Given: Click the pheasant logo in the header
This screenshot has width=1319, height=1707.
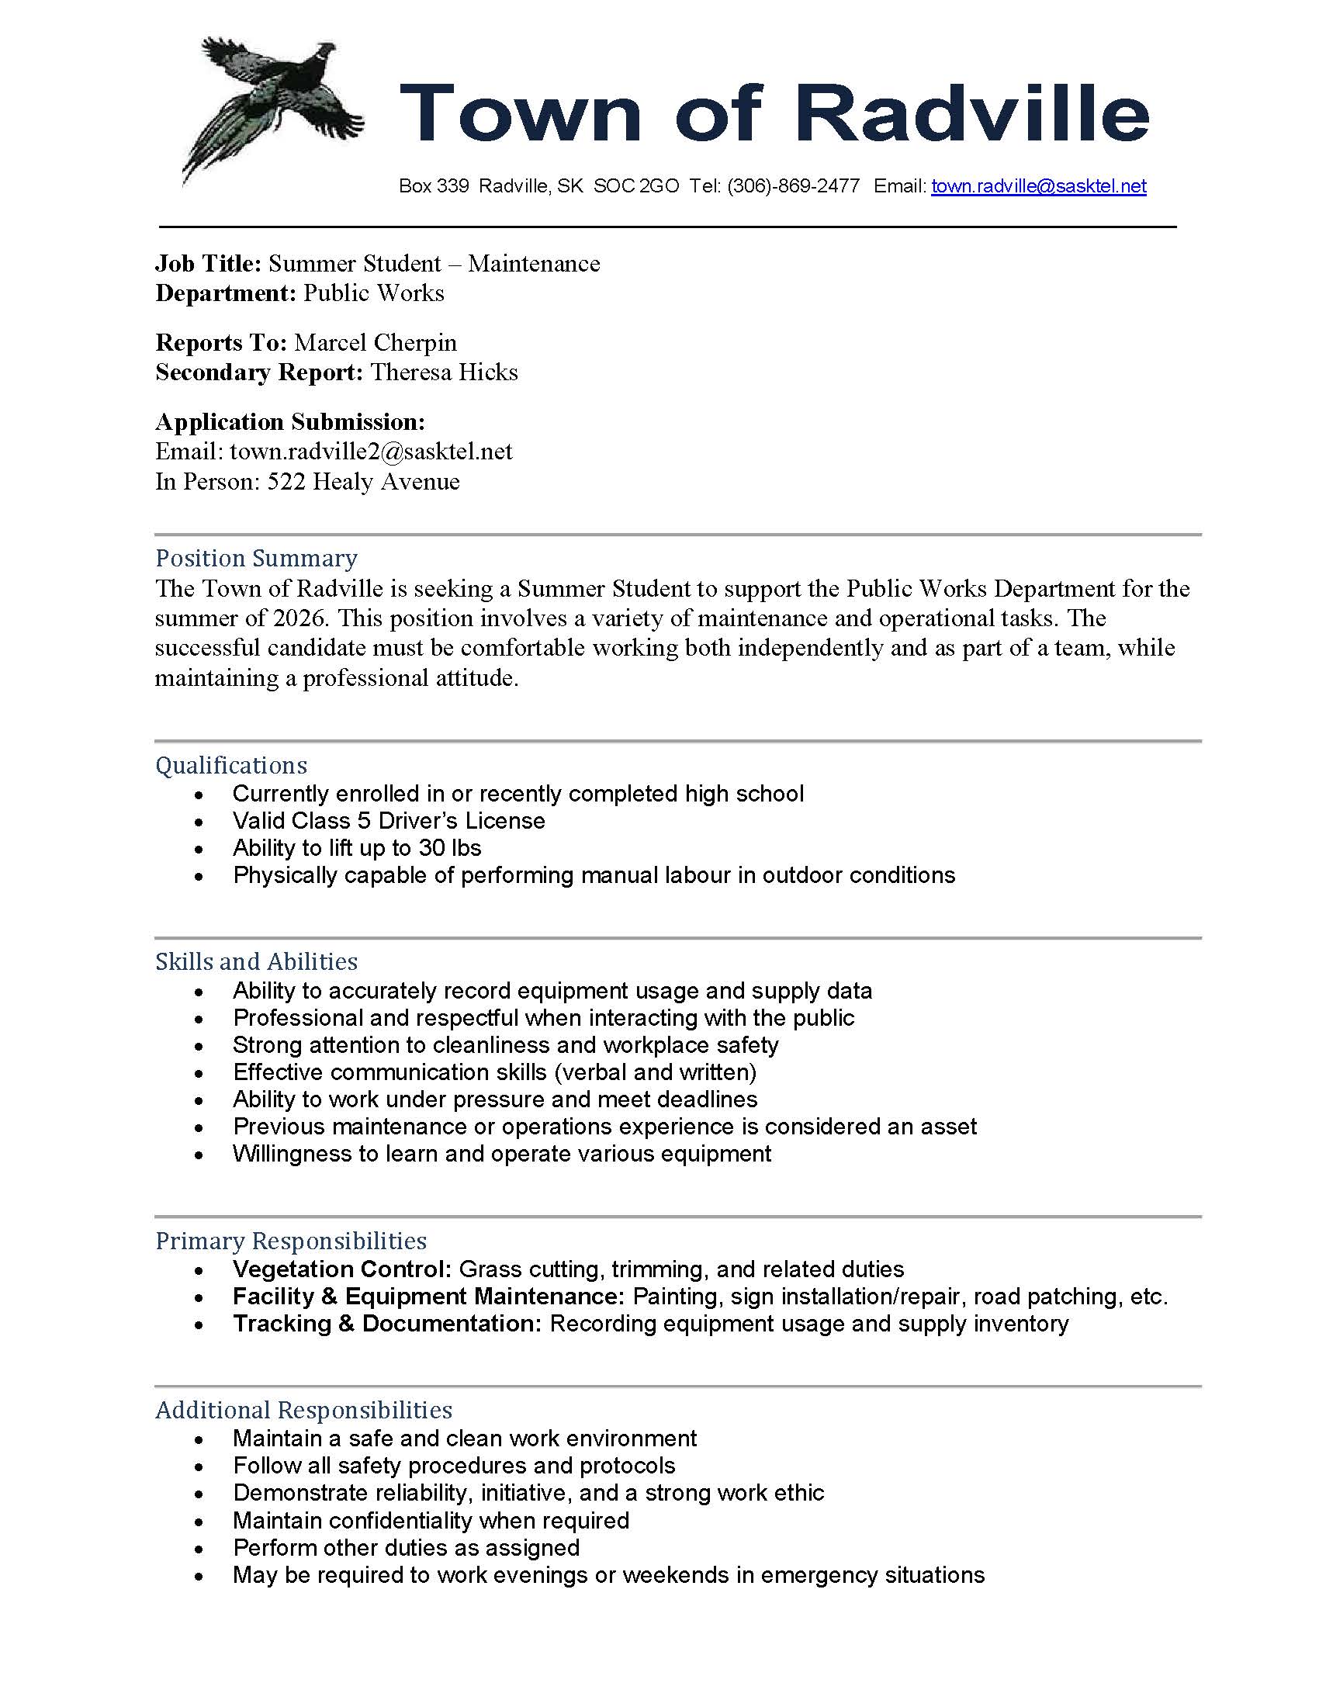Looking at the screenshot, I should coord(269,109).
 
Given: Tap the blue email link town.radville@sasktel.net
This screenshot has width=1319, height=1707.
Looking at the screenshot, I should coord(1038,186).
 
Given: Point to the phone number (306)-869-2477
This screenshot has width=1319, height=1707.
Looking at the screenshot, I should coord(793,186).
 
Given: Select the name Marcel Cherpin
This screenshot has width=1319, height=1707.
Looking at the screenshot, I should coord(375,342).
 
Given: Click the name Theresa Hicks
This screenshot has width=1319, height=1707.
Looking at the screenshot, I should coord(444,372).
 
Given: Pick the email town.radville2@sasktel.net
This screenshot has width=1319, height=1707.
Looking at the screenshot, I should coord(370,452).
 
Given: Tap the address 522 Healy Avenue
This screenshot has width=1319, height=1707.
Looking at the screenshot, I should coord(363,482).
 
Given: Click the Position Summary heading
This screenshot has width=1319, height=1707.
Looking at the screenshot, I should coord(256,558).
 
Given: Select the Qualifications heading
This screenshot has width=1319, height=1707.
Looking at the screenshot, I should coord(231,765).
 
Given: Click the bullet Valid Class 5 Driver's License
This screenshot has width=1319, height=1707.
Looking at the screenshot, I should coord(389,821).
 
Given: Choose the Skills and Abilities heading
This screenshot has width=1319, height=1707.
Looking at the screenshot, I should coord(256,961).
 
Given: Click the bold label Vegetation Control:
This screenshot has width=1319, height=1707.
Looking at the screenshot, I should coord(342,1269).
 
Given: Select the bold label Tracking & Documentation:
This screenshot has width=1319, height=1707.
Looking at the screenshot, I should coord(387,1324).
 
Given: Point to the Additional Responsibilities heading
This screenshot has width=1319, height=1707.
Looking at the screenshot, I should coord(303,1410).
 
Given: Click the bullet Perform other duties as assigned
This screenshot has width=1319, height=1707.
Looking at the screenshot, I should coord(407,1548).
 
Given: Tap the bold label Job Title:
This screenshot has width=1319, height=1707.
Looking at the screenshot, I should coord(208,263).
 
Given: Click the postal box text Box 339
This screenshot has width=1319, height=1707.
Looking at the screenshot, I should coord(434,186).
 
